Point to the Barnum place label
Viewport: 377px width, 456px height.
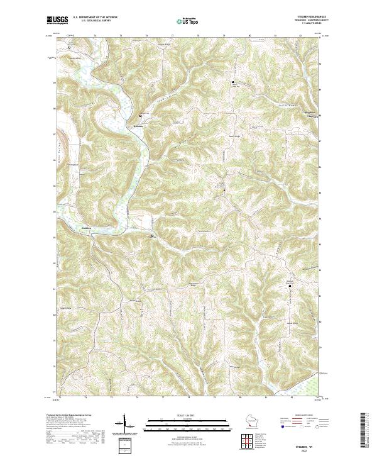point(139,123)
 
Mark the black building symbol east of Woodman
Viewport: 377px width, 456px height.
point(153,235)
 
